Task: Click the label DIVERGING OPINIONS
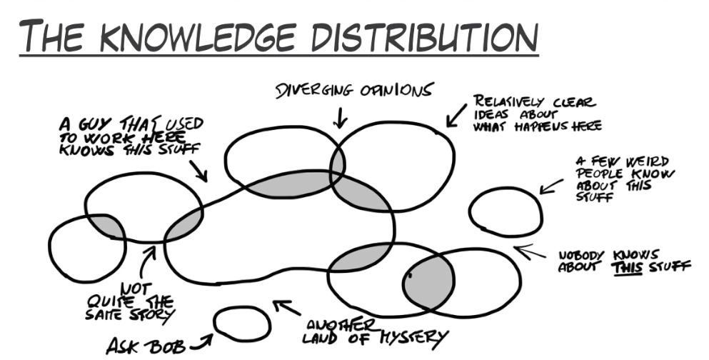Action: (354, 91)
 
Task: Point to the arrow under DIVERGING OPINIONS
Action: (340, 117)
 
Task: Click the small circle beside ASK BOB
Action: (242, 323)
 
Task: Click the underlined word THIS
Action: (627, 267)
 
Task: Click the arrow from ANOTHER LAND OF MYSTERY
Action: (286, 309)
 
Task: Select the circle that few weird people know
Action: (505, 211)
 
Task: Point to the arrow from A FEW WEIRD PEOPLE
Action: (550, 185)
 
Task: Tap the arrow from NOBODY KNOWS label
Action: (528, 251)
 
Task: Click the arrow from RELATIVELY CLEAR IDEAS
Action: (456, 116)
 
